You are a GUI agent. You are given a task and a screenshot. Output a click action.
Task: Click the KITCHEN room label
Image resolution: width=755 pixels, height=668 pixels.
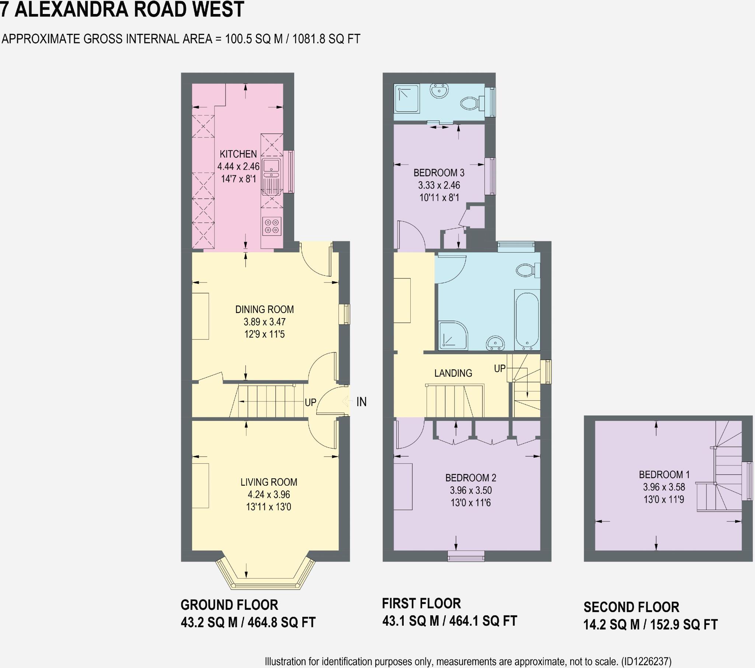coord(238,154)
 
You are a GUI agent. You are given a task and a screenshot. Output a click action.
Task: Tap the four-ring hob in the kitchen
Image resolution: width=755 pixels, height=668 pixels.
coord(272,226)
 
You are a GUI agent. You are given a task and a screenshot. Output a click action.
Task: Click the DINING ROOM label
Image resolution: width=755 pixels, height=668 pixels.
coord(264,309)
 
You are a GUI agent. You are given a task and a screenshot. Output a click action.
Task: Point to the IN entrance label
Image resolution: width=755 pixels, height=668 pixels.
coord(361,402)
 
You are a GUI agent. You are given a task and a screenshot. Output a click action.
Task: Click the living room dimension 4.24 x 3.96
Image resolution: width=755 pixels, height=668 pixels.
coord(268,495)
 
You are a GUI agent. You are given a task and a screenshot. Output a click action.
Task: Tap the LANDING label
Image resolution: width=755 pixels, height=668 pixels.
coord(453,373)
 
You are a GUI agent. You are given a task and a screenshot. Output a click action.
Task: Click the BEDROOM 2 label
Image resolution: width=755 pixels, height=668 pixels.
coord(470,478)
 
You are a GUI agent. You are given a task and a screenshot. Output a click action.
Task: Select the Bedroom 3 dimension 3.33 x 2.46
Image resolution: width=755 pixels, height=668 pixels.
coord(439,185)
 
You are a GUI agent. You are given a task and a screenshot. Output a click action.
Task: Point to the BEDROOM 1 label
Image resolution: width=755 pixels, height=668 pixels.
coord(664,475)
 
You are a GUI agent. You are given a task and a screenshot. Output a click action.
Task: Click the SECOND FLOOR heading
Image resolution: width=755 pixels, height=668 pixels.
coord(631,607)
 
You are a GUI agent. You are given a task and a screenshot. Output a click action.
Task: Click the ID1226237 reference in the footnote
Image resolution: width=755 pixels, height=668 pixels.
coord(646,661)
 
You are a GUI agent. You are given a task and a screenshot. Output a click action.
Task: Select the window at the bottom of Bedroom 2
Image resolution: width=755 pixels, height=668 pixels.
coord(466,556)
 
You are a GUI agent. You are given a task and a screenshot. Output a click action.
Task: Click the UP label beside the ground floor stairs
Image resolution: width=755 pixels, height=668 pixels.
coord(310,402)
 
